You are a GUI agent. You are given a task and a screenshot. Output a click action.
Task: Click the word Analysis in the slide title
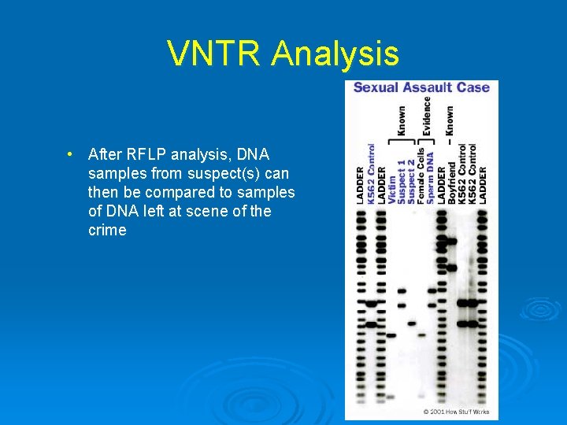335,54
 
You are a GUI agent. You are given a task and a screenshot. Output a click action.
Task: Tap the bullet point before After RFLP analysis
71,153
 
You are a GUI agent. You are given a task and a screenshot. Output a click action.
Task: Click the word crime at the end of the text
107,231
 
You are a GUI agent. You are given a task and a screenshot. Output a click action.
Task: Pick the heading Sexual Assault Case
421,87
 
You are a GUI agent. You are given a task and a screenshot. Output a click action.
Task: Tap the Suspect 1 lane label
402,183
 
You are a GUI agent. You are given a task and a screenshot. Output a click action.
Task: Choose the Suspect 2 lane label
411,183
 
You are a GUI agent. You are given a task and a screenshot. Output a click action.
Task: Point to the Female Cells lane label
421,176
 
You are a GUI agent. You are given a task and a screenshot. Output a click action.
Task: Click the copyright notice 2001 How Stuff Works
456,412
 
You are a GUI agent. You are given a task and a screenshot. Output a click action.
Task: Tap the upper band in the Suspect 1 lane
402,290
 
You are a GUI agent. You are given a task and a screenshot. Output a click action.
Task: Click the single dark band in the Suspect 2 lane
411,322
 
